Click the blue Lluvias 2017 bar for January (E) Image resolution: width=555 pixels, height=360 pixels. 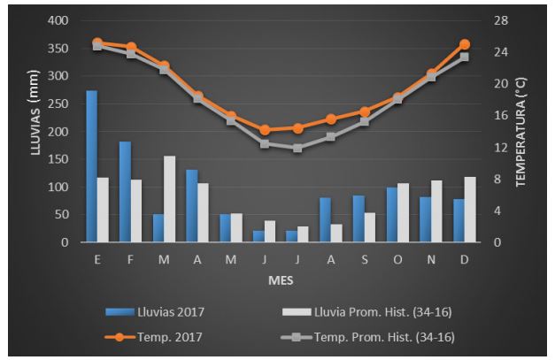[x=91, y=166]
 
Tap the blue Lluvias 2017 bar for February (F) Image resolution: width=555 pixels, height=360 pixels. [x=125, y=192]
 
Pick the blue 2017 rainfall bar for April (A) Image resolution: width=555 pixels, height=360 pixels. [x=191, y=205]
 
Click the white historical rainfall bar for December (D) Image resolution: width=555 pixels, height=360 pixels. [x=470, y=210]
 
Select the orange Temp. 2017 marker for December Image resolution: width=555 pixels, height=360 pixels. [x=465, y=44]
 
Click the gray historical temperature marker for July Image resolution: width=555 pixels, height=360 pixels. [x=297, y=148]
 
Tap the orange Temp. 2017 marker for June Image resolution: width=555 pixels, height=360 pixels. [x=264, y=130]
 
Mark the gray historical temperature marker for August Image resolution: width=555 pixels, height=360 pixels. [x=331, y=137]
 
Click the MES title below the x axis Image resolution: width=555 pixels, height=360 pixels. [x=281, y=280]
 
